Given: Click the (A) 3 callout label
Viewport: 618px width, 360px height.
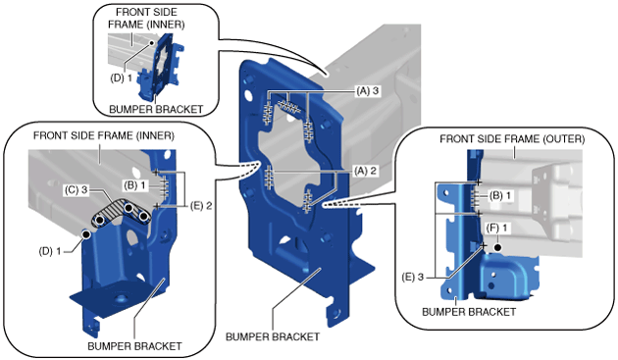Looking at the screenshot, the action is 367,90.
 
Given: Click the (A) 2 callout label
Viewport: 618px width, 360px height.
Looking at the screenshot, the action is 365,171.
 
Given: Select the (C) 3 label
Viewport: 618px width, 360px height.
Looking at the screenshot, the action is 77,190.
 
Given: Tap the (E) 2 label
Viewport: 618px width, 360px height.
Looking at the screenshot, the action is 201,205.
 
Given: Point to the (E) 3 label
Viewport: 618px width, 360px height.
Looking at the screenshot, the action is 413,277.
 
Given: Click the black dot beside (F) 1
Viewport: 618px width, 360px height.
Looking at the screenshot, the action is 497,247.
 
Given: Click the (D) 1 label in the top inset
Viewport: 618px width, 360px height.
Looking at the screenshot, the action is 121,77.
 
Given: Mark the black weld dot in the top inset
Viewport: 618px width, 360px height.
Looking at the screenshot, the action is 150,41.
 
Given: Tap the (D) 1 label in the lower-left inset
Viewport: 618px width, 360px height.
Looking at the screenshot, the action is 50,251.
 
